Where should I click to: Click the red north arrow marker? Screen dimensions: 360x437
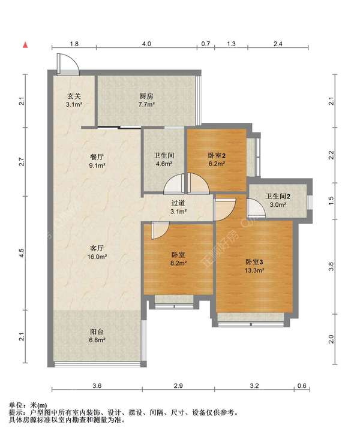point(25,44)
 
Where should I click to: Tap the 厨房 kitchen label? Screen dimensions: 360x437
point(146,96)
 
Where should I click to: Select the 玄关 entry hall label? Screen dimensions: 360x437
point(74,96)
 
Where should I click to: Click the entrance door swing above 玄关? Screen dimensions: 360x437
point(68,64)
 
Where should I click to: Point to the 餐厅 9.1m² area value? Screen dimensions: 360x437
point(97,165)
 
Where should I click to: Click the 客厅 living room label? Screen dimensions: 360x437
point(97,248)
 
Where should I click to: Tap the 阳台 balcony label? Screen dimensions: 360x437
point(97,331)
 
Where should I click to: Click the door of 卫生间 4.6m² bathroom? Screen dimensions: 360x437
point(174,183)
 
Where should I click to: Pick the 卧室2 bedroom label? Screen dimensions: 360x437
point(217,155)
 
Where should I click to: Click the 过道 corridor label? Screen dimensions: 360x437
point(178,203)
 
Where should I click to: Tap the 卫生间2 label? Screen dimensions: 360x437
point(278,197)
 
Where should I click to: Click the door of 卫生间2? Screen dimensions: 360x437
point(256,207)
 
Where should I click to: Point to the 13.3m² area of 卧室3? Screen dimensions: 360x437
point(254,270)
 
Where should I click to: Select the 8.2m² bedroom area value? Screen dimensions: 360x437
point(178,263)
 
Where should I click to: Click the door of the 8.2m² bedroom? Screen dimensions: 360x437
point(160,230)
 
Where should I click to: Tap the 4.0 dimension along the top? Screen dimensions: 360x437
point(146,44)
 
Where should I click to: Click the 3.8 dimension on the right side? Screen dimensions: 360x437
point(331,267)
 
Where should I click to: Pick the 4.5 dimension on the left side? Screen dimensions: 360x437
point(22,253)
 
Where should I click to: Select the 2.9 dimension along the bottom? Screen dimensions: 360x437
point(178,385)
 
